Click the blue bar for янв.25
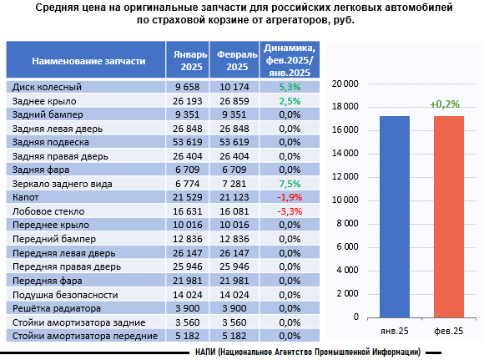point(395,217)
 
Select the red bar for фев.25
point(449,217)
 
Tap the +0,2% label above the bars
point(445,104)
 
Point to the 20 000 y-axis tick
point(345,84)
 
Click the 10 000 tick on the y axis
point(345,200)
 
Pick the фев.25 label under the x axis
point(448,331)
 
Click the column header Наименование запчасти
point(88,61)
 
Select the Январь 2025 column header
point(190,61)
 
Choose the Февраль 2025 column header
point(237,61)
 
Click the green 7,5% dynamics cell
point(290,184)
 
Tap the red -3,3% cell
point(290,211)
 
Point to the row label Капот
point(26,197)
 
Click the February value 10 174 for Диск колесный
point(234,87)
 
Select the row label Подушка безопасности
point(65,295)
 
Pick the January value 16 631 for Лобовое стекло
point(188,211)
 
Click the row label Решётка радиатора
point(57,308)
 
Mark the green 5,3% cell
point(290,87)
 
